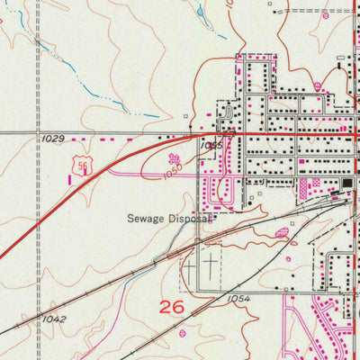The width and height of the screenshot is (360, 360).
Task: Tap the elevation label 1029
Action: pos(53,139)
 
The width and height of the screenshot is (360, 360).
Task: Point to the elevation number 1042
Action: pos(53,319)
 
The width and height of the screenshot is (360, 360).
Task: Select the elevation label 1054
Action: pos(238,298)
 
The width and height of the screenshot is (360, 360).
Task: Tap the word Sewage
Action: pos(147,218)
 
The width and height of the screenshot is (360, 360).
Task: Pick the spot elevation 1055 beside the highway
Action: pos(212,144)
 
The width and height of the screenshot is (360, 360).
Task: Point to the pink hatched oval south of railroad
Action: pos(282,232)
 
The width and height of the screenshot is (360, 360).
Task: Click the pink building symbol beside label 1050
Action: pos(174,158)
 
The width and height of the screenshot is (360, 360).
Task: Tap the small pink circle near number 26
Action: pos(182,332)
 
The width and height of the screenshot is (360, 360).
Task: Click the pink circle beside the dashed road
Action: pos(318,86)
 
